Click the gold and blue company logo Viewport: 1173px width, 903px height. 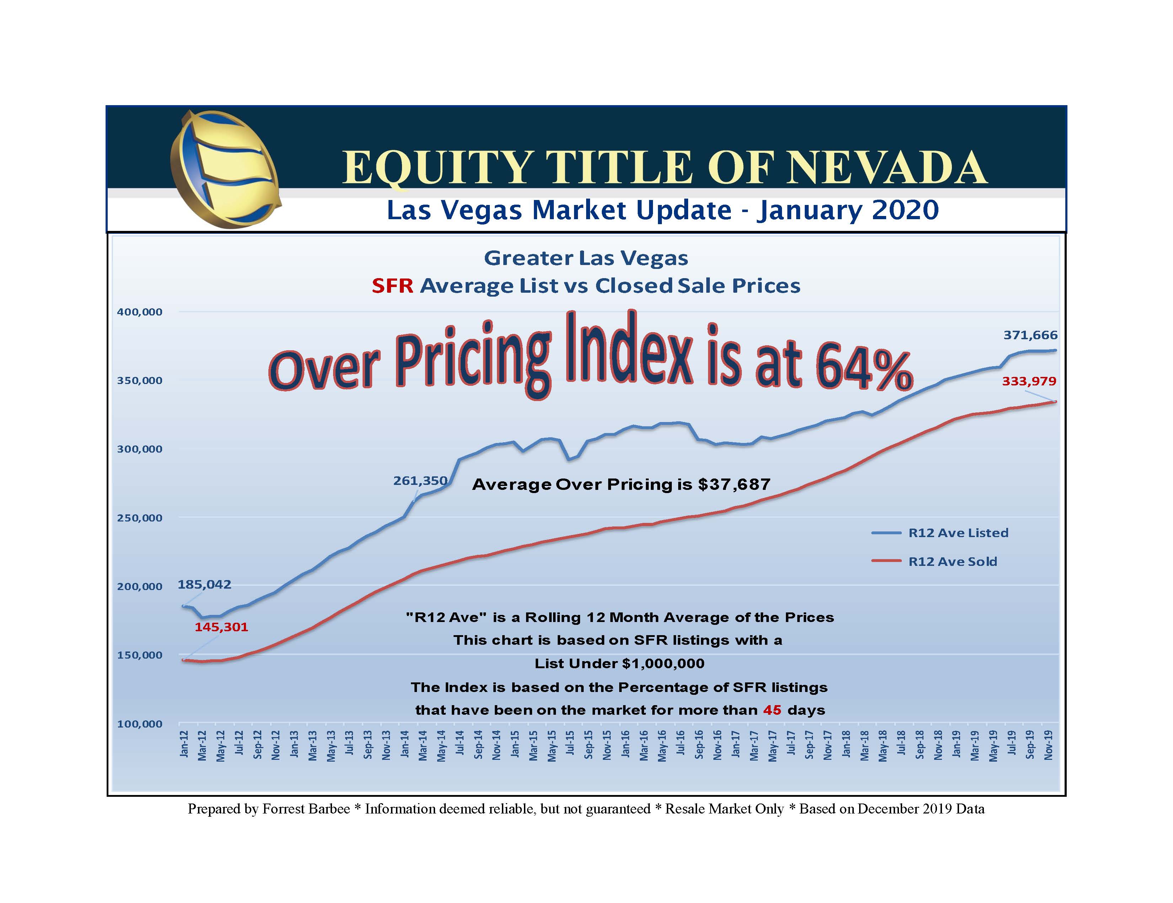pyautogui.click(x=225, y=169)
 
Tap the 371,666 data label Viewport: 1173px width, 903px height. pyautogui.click(x=1030, y=335)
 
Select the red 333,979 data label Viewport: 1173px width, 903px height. pyautogui.click(x=1029, y=381)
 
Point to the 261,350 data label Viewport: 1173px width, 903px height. pyautogui.click(x=420, y=481)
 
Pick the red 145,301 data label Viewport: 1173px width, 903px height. pyautogui.click(x=221, y=627)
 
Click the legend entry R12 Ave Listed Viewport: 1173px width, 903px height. pyautogui.click(x=958, y=533)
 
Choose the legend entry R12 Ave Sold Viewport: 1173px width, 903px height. pyautogui.click(x=952, y=562)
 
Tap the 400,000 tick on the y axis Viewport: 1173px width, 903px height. pyautogui.click(x=140, y=312)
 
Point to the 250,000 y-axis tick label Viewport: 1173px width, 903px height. pyautogui.click(x=140, y=518)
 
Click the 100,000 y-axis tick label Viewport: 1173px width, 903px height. pyautogui.click(x=140, y=724)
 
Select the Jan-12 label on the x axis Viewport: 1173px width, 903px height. pyautogui.click(x=184, y=744)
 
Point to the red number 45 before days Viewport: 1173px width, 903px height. pyautogui.click(x=772, y=710)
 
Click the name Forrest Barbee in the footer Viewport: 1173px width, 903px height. pyautogui.click(x=306, y=809)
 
